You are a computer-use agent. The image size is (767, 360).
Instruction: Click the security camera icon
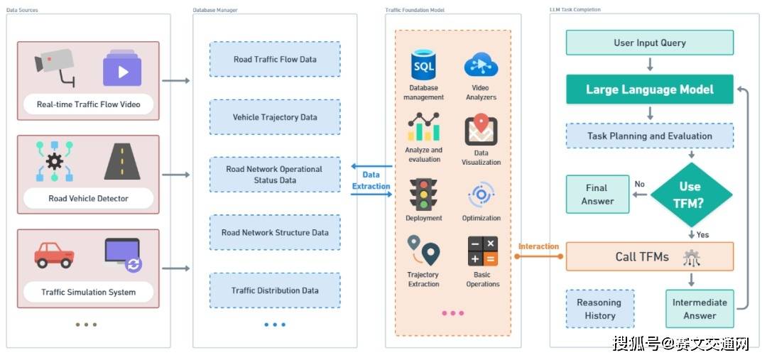pyautogui.click(x=55, y=66)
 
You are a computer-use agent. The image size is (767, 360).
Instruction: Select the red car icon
pyautogui.click(x=54, y=254)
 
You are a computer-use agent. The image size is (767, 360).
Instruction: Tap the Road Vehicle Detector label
pyautogui.click(x=88, y=198)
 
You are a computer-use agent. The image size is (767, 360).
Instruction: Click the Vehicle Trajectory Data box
pyautogui.click(x=275, y=117)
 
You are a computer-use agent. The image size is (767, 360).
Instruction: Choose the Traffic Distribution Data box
pyautogui.click(x=275, y=290)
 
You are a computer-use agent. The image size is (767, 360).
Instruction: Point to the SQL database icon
pyautogui.click(x=423, y=66)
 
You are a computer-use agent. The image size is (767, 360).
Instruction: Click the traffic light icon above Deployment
pyautogui.click(x=423, y=194)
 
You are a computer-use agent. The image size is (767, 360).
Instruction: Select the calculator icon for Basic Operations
pyautogui.click(x=482, y=251)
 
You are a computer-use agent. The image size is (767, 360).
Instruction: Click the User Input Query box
pyautogui.click(x=649, y=43)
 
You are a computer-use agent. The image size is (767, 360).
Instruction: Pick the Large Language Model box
pyautogui.click(x=649, y=90)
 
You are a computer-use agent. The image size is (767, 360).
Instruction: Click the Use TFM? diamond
pyautogui.click(x=690, y=193)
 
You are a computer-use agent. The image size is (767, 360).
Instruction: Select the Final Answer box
pyautogui.click(x=597, y=195)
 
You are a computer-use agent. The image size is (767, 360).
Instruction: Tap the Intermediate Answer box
pyautogui.click(x=699, y=309)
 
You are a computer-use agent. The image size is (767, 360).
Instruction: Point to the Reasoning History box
pyautogui.click(x=599, y=309)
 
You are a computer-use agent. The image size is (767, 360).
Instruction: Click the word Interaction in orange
pyautogui.click(x=538, y=246)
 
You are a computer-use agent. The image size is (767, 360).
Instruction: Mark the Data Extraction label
pyautogui.click(x=371, y=180)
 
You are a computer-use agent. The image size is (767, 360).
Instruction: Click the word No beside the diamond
pyautogui.click(x=639, y=185)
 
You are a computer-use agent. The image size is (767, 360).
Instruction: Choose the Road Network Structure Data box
pyautogui.click(x=275, y=232)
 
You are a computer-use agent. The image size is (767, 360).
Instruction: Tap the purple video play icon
pyautogui.click(x=122, y=70)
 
